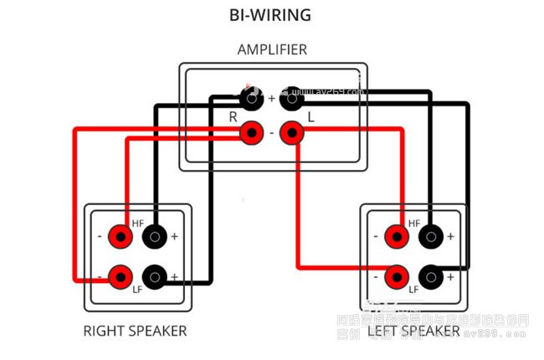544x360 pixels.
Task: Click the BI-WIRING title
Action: (271, 15)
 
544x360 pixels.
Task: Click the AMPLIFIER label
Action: (272, 49)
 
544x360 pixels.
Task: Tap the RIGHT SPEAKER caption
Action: (135, 330)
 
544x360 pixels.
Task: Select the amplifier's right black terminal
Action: (251, 99)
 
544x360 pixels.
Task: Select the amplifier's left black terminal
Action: (291, 99)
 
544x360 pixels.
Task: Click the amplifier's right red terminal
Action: (251, 133)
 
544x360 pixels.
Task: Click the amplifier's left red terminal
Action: (291, 133)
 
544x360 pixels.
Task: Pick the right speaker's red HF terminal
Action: (121, 237)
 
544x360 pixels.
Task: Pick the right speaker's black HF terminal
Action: (155, 237)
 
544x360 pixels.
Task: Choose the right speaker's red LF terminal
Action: (121, 275)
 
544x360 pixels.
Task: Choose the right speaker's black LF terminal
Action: (155, 275)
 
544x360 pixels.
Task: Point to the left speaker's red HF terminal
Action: (397, 237)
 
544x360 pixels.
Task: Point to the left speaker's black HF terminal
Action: (430, 237)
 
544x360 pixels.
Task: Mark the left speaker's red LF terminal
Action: (397, 275)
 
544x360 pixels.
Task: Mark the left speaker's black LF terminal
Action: (430, 275)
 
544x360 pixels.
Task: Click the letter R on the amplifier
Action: (233, 117)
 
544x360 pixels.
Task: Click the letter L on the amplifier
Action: (310, 117)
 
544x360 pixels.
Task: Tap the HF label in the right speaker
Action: (139, 223)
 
